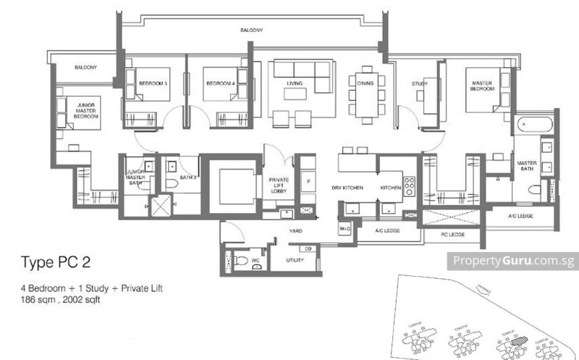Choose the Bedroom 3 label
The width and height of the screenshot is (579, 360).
coord(153,83)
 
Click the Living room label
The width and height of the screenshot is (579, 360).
coord(295,83)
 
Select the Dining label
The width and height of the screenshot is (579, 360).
coord(365,83)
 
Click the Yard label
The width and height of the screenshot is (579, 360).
coord(295,231)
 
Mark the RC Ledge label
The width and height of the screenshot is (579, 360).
coord(453,235)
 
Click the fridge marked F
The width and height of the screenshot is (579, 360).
coord(308,180)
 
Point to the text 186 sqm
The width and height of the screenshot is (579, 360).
coord(37,298)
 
